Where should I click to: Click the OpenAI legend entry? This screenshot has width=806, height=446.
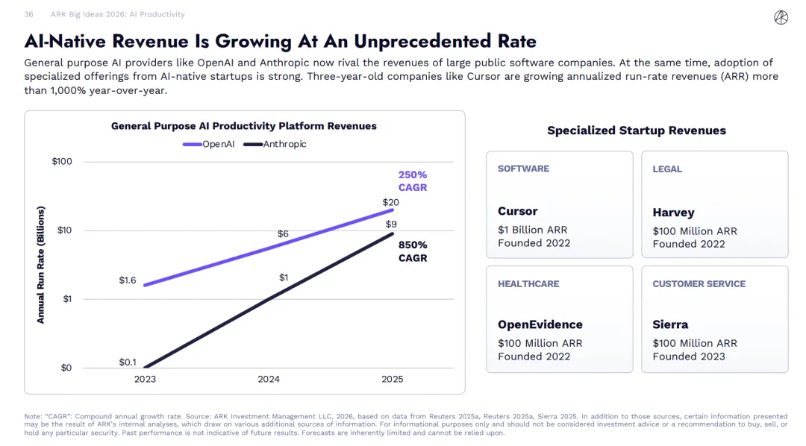(x=210, y=144)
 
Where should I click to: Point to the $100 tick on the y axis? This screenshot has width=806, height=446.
(x=62, y=162)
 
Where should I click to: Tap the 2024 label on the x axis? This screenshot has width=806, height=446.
(x=269, y=379)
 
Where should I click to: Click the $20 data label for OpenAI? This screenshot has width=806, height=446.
(x=390, y=202)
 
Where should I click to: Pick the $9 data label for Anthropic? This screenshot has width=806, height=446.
(x=391, y=224)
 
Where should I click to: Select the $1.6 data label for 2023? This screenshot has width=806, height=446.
(x=128, y=280)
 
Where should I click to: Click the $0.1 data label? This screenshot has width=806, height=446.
(x=128, y=362)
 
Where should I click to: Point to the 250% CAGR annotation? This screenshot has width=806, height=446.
(x=412, y=181)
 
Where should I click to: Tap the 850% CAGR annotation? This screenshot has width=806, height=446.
(x=412, y=251)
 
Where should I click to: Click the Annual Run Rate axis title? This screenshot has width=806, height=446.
(x=41, y=265)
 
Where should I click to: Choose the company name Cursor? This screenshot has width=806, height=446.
(x=517, y=211)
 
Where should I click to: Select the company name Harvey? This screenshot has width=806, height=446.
(x=673, y=213)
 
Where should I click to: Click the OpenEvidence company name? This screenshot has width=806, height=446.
(x=540, y=324)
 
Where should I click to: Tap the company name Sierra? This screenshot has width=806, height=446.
(x=670, y=324)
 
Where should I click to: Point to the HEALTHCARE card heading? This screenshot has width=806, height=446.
(x=528, y=283)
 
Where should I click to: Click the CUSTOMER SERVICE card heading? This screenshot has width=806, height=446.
(x=699, y=283)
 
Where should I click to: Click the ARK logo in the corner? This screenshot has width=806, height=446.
(x=781, y=17)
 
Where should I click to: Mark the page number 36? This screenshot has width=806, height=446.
(x=28, y=14)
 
